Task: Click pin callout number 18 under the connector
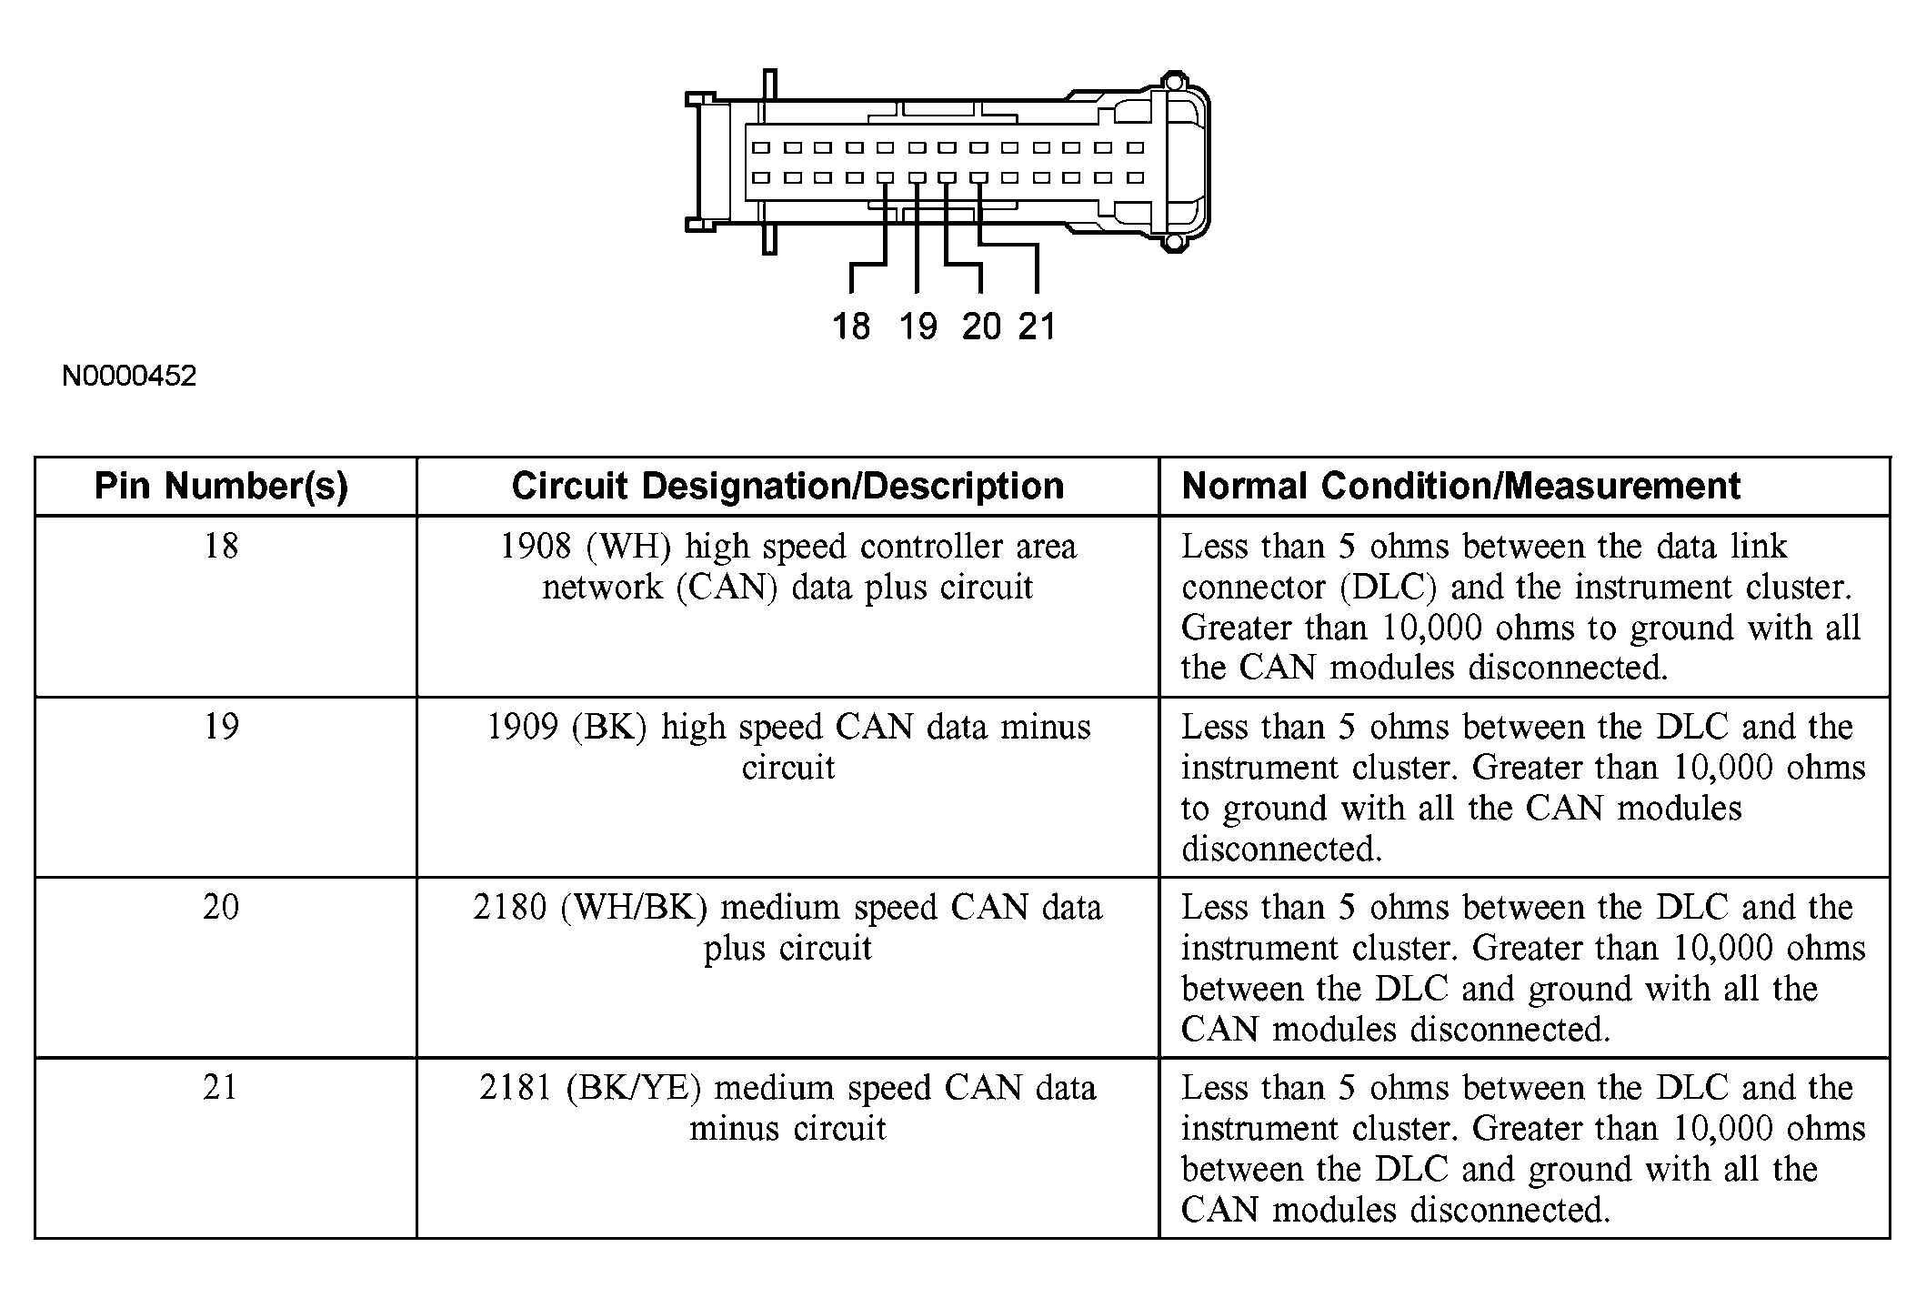(851, 326)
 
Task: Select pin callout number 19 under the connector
(918, 326)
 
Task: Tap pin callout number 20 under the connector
(981, 326)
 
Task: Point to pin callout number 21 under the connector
(1037, 326)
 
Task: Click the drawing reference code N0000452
(129, 377)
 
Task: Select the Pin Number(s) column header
(221, 487)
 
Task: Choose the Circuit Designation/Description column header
(787, 487)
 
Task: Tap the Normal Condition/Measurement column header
(1460, 487)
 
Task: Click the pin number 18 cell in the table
(221, 546)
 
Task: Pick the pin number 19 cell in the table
(221, 727)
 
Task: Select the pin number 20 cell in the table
(221, 907)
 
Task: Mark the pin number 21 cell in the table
(221, 1087)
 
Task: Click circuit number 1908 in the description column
(537, 547)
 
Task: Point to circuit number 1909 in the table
(523, 728)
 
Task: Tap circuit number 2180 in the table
(509, 908)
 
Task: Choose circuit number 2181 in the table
(515, 1088)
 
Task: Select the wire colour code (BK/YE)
(634, 1088)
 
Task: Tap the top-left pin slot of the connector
(761, 147)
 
